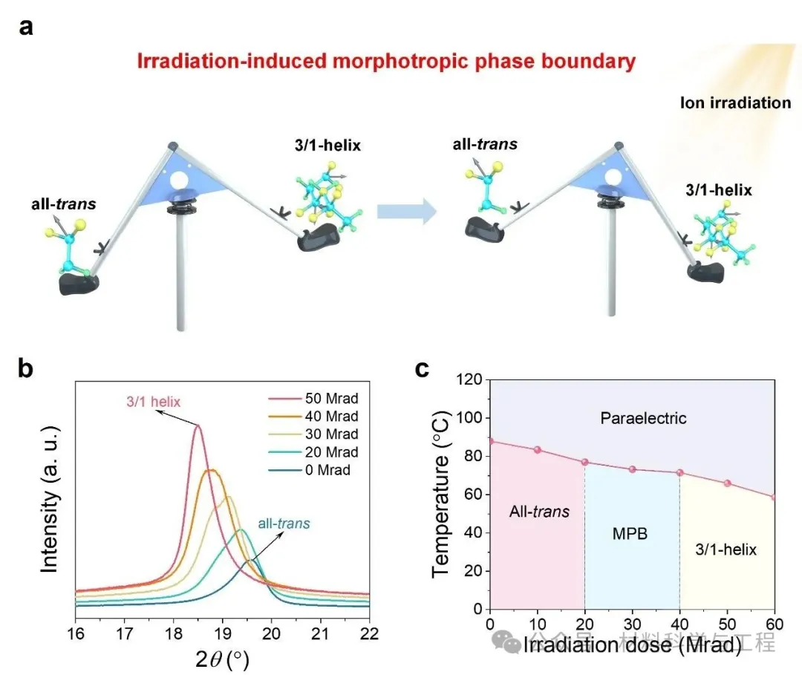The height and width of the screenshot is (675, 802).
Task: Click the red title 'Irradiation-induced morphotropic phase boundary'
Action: tap(386, 60)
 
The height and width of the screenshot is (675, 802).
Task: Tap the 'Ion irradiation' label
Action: tap(736, 102)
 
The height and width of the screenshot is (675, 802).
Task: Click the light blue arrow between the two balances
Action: tap(405, 212)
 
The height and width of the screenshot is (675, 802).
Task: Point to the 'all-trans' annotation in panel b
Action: tap(284, 523)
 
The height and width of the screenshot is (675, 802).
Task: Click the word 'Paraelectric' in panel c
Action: tap(643, 419)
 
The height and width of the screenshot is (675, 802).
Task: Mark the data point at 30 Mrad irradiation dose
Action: tap(633, 469)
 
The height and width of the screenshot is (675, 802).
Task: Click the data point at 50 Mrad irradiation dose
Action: tap(728, 483)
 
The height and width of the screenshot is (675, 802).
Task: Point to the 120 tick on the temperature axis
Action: tap(471, 380)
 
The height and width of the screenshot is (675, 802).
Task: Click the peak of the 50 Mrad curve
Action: tap(198, 425)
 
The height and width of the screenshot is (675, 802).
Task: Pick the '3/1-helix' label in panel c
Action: tap(726, 550)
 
